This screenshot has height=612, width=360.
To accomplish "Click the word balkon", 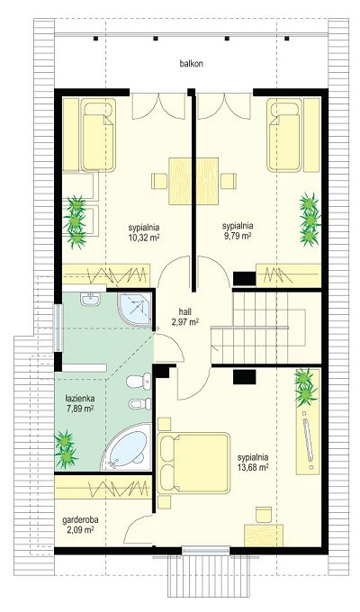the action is point(192,64).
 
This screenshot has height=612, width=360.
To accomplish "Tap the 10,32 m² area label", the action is point(145,238).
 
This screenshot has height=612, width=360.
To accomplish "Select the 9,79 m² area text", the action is point(238,236).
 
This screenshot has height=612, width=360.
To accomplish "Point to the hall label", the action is point(184,311).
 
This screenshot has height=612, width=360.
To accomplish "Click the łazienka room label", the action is point(80,400).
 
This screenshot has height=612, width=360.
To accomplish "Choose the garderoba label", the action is point(80,520).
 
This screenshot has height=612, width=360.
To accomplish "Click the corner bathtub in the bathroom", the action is point(126,447).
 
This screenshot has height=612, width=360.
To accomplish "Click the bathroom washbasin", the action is point(91,299).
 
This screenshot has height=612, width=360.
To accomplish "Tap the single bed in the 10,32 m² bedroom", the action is point(99,135).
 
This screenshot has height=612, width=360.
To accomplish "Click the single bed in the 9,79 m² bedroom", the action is point(284,135).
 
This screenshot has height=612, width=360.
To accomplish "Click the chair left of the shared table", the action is point(159,181).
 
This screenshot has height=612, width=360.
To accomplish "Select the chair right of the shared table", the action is point(229,181).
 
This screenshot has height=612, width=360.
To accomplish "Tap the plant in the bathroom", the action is point(66,449).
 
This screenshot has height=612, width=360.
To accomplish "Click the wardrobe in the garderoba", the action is point(103,487).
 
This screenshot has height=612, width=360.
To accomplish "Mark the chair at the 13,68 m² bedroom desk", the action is point(264,515).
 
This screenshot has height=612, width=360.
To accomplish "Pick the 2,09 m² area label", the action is point(80,529).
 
